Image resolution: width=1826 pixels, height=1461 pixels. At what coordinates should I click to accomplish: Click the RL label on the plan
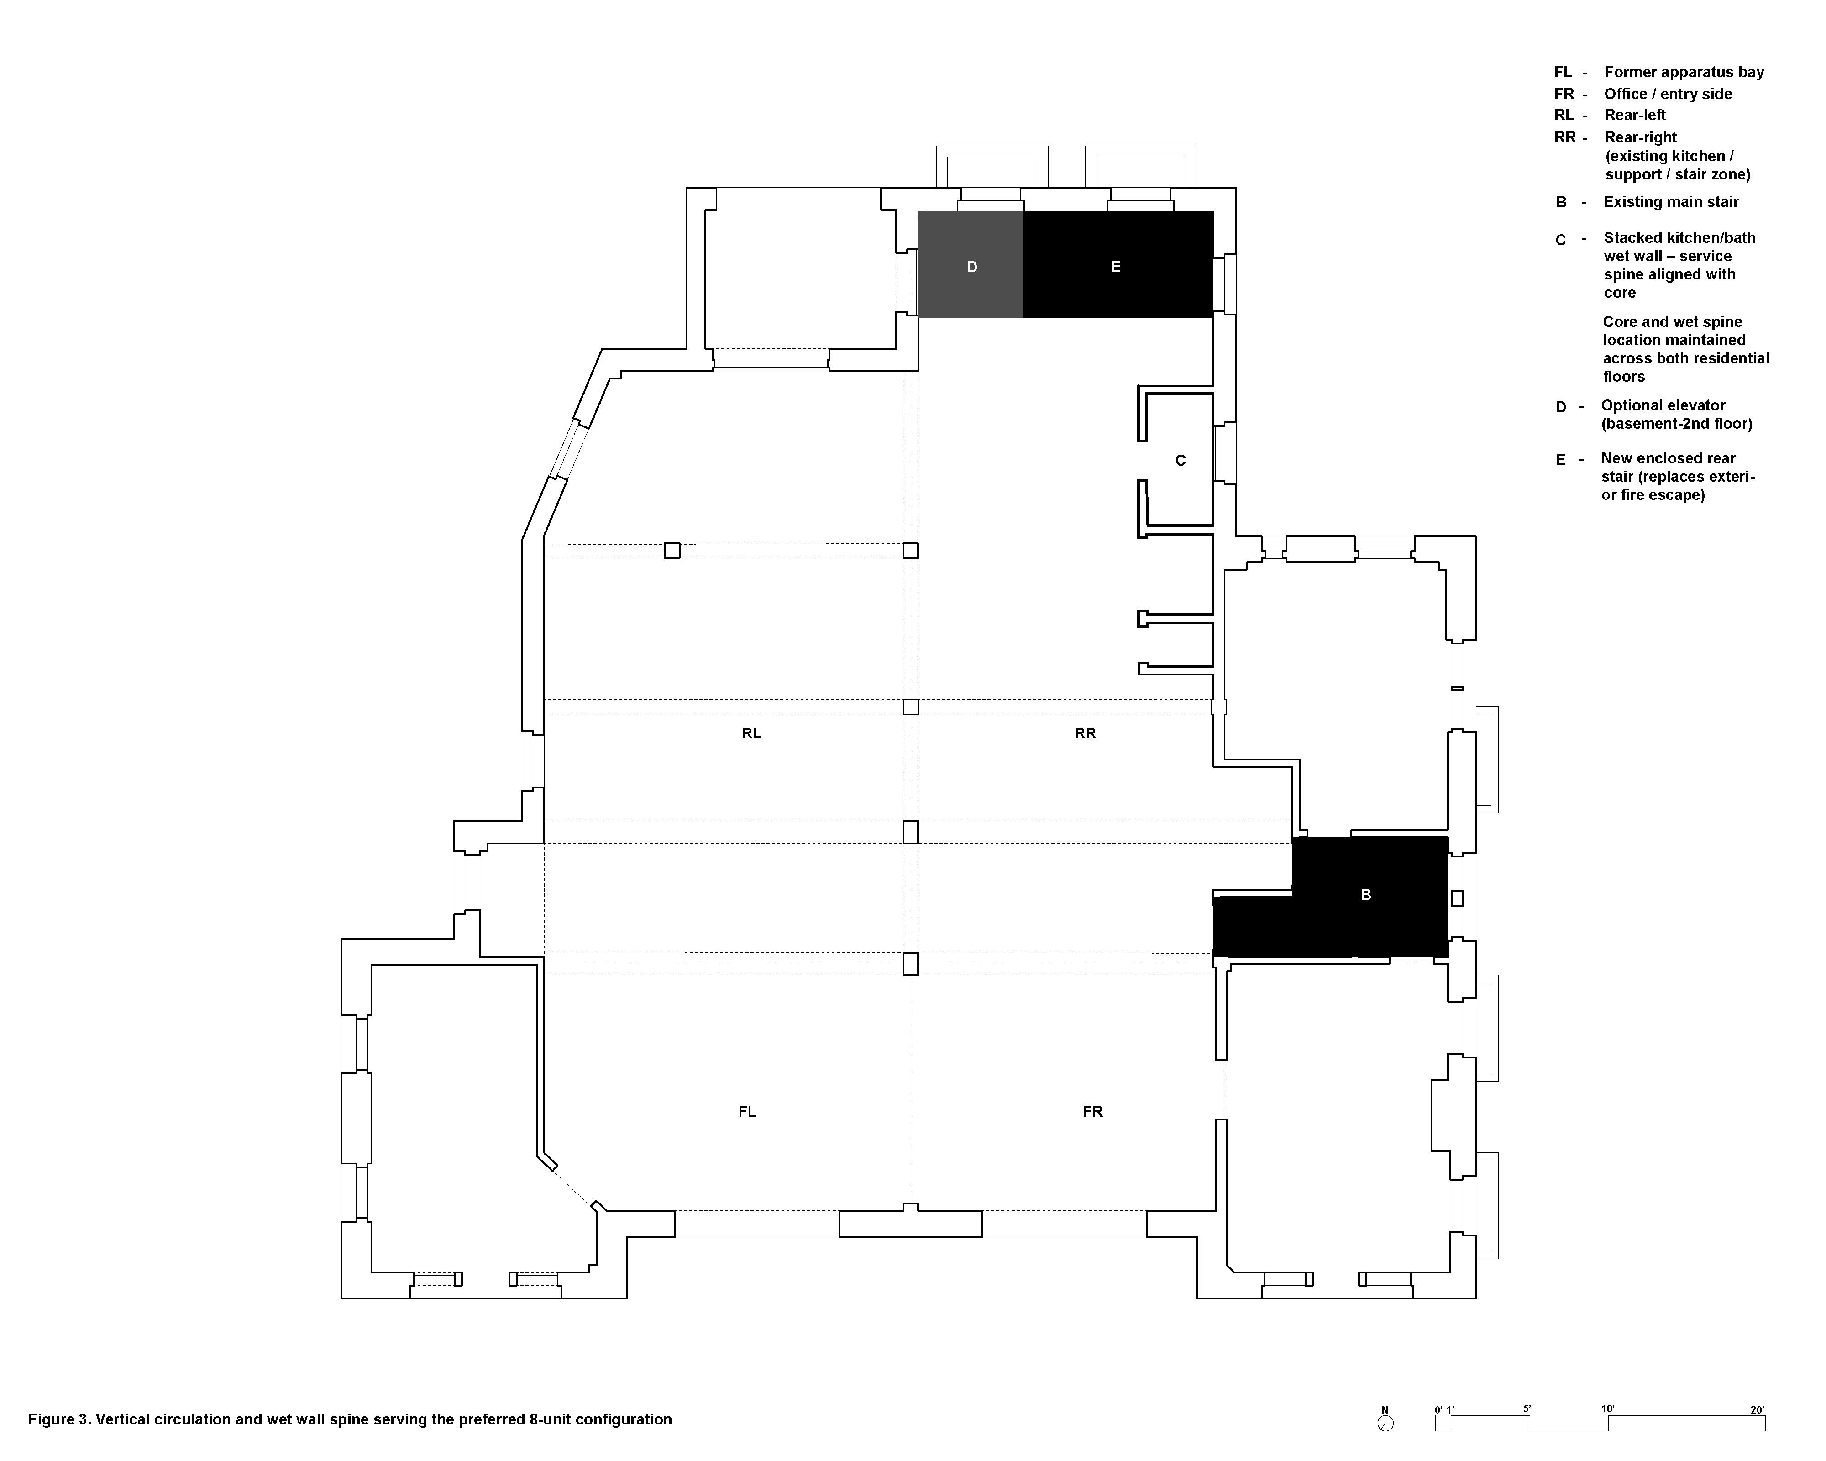751,733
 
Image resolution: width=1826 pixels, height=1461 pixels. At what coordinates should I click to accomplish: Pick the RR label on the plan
1085,733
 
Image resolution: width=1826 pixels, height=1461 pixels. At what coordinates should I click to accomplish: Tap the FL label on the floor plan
747,1111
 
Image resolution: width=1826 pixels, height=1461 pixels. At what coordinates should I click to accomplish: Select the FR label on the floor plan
1092,1111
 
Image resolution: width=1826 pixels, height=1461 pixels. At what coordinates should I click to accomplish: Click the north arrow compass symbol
1385,1424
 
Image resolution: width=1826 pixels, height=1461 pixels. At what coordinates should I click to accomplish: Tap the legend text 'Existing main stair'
1671,202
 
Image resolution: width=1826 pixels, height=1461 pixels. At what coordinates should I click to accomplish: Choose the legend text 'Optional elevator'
1663,406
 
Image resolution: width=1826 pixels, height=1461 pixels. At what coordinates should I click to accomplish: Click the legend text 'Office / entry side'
1668,94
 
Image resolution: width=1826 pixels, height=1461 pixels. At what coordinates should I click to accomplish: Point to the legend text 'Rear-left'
1635,115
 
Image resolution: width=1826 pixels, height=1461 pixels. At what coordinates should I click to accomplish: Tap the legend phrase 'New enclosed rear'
1668,458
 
